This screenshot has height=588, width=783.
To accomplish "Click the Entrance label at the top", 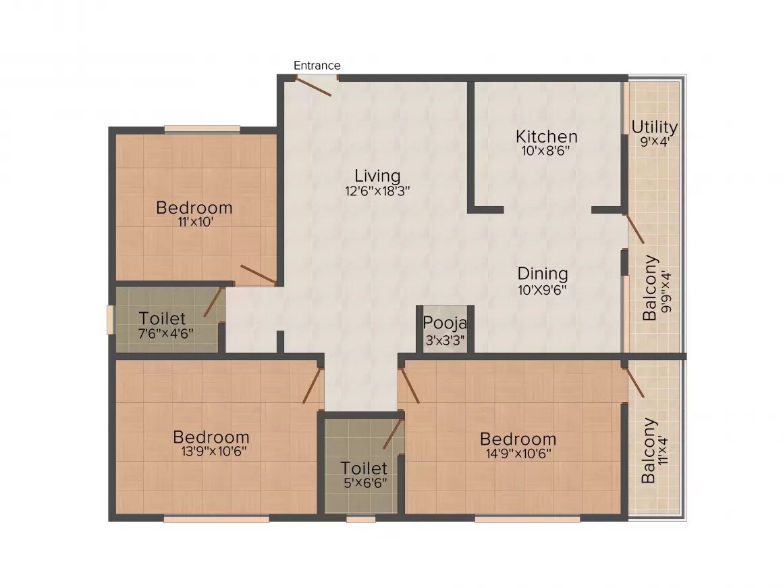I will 317,66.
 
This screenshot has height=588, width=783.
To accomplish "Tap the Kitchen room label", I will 546,136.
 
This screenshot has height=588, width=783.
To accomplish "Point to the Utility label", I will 654,127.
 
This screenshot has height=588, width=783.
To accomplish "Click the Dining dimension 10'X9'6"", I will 541,290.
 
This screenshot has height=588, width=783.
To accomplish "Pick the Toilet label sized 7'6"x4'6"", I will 162,318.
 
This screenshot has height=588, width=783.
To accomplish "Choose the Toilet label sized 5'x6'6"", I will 364,468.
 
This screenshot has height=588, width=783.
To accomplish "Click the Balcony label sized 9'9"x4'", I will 650,288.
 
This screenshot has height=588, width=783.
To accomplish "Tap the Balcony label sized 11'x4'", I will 649,451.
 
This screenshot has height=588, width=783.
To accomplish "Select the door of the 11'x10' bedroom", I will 259,274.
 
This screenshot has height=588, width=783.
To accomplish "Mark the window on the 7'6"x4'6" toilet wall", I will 110,319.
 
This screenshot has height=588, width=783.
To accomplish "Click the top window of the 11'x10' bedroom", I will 202,128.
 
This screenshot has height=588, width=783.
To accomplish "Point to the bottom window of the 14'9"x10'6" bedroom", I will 526,519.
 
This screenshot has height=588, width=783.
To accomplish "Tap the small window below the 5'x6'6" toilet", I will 360,519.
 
